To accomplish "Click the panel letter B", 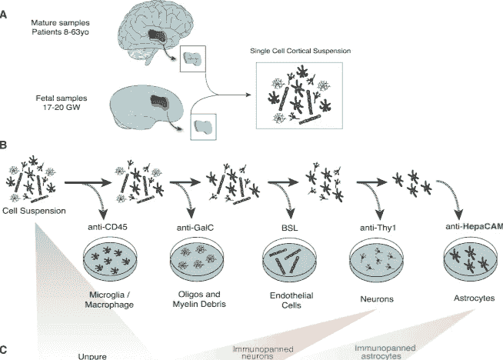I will click(5, 144).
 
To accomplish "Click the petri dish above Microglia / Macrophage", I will click(115, 261).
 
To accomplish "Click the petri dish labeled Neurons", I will click(374, 262).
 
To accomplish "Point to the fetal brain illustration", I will click(152, 104).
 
